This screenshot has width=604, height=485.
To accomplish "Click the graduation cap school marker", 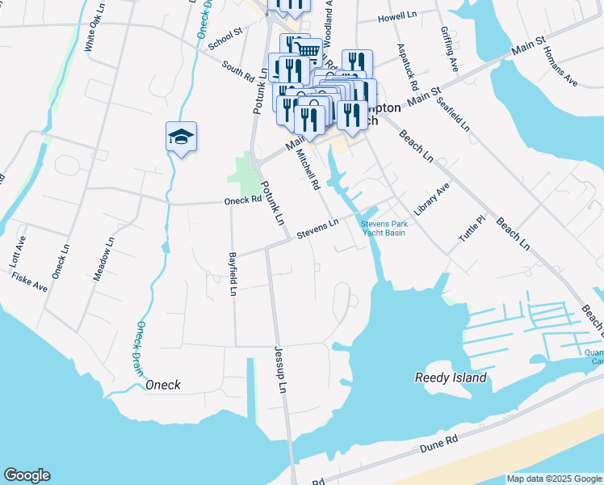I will pos(182,138).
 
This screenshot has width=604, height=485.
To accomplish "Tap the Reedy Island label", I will pos(451,377).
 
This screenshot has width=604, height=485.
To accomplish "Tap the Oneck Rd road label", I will pos(241,200).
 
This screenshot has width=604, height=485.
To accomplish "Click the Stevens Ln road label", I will pos(317,229).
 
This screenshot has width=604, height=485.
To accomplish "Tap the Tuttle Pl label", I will pos(471,230).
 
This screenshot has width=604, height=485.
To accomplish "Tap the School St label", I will pos(225,40).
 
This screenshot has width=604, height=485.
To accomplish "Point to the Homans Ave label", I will pos(560,67).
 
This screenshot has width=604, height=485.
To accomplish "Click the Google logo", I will pos(27,475).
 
